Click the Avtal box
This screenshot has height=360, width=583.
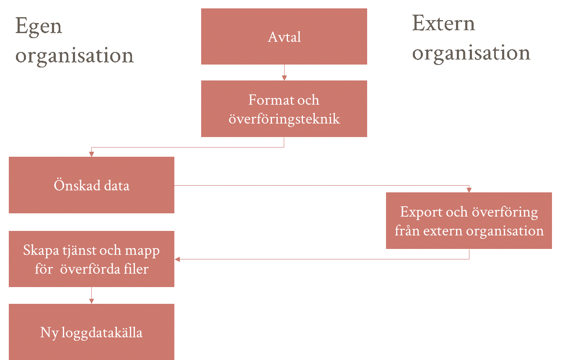[x=284, y=36]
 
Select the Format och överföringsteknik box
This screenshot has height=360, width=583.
[x=284, y=109]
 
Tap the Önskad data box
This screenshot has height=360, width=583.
[x=92, y=185]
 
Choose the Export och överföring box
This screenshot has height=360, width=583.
[x=469, y=220]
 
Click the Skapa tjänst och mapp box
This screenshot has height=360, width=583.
[x=92, y=259]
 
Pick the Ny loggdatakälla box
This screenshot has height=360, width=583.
[x=92, y=332]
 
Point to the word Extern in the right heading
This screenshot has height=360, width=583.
[x=443, y=23]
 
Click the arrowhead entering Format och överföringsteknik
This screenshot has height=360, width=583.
[x=284, y=78]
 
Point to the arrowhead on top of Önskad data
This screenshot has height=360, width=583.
[x=91, y=154]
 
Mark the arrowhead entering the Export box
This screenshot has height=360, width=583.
[x=469, y=190]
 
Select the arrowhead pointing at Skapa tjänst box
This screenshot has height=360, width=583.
[x=177, y=259]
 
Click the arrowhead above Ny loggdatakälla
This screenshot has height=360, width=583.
[x=91, y=301]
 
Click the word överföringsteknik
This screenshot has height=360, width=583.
[x=284, y=119]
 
